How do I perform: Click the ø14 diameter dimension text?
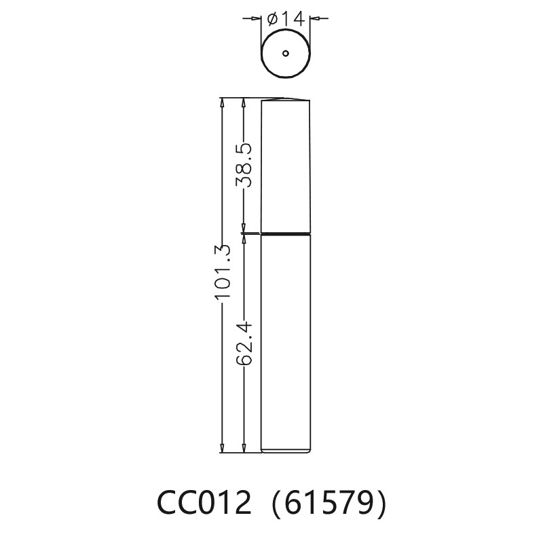point(286,20)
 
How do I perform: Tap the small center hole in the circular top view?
point(286,53)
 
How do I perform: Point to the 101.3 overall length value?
point(223,272)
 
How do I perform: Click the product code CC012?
point(204,504)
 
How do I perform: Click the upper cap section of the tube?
point(286,166)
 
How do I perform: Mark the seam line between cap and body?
point(286,234)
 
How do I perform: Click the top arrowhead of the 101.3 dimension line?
point(222,102)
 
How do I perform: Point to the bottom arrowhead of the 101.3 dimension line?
point(222,448)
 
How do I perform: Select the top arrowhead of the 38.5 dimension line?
point(244,102)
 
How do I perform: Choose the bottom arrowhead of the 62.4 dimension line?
point(244,448)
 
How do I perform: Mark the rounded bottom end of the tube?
point(286,450)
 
